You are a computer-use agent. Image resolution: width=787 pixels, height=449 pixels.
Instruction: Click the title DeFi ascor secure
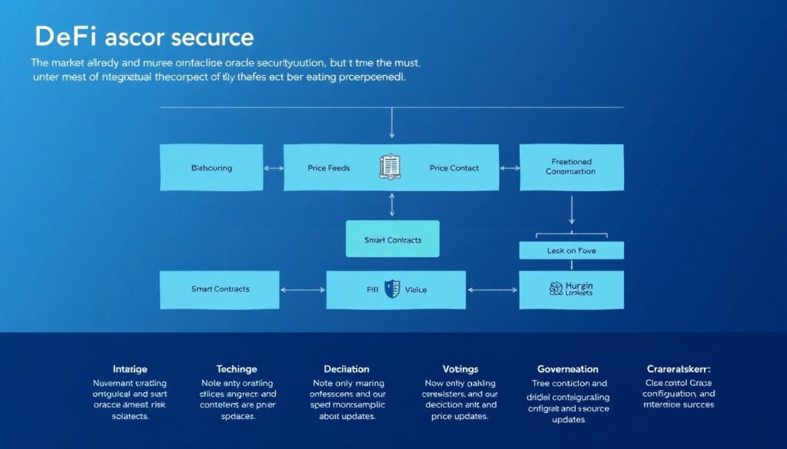tap(144, 38)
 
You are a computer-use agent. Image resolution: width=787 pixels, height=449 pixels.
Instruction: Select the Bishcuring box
tap(211, 167)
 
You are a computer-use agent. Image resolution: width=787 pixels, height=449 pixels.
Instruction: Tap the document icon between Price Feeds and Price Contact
tap(390, 167)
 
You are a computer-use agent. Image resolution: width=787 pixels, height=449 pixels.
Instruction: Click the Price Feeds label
tap(328, 167)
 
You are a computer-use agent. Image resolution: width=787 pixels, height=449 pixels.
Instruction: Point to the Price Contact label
tap(453, 167)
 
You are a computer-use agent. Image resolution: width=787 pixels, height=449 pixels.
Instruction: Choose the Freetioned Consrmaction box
tap(570, 167)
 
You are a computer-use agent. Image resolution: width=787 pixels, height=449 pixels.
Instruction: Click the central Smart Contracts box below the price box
tap(392, 239)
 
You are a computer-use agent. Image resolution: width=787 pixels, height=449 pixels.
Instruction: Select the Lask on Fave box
tap(570, 250)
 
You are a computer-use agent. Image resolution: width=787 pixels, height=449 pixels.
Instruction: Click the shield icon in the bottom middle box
tap(392, 289)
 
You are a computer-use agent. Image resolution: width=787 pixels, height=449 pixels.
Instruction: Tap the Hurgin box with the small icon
tap(570, 289)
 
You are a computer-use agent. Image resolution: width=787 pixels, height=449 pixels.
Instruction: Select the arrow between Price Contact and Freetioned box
tap(510, 167)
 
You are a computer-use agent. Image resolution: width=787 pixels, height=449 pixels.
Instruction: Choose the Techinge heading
tap(236, 369)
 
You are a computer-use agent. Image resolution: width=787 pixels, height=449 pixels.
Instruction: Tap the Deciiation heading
tap(346, 369)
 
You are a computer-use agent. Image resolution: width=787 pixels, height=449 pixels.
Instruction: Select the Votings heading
tap(460, 369)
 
